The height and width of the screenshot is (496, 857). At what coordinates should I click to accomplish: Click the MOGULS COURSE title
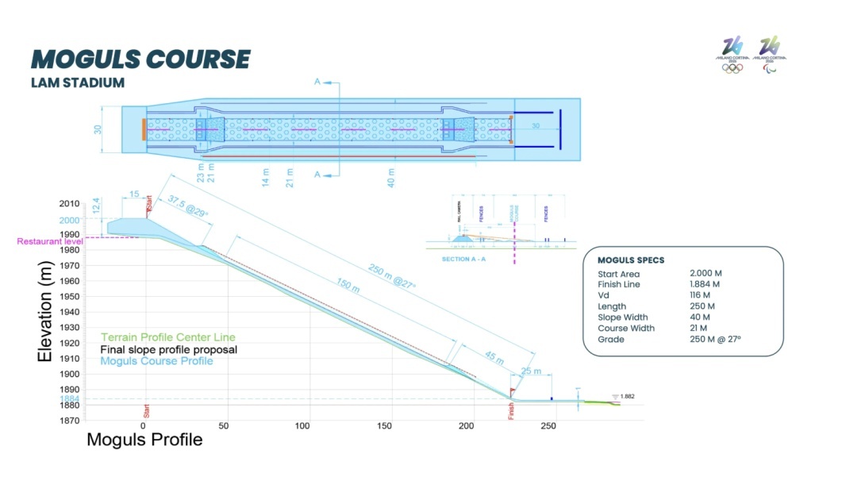coord(140,60)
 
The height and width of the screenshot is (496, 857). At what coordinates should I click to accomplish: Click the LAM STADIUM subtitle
coord(77,83)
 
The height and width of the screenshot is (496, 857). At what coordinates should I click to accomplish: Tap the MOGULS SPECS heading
coord(631,260)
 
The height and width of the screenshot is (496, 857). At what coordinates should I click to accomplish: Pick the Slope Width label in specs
coord(623,317)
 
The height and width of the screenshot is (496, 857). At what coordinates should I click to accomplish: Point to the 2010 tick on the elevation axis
coord(69,204)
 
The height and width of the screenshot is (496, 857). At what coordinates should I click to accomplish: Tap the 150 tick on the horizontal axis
coord(385,426)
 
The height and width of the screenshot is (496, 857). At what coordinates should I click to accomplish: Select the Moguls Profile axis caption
coord(144,440)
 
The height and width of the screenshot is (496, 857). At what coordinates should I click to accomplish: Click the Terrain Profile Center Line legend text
coord(168,337)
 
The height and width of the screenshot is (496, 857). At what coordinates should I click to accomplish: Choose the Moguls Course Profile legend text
coord(157,361)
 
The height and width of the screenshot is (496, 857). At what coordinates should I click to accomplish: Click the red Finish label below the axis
coord(511,411)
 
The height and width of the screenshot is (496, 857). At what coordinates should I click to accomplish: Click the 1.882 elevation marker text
coord(627,396)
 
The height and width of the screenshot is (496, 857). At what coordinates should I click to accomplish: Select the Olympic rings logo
coord(732,68)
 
